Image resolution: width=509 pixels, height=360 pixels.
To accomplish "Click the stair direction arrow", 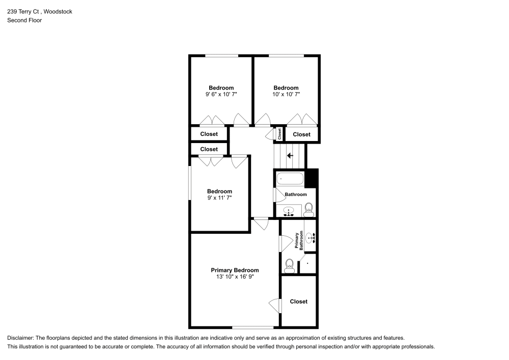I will pos(290,155).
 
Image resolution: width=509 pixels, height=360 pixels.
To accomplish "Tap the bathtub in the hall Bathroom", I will pos(290,179).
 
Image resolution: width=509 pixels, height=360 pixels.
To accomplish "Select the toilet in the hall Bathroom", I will pos(308,209).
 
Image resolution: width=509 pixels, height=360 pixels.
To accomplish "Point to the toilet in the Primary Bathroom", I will pos(289,265).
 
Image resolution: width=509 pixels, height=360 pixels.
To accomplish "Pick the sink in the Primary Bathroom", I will pos(310,237).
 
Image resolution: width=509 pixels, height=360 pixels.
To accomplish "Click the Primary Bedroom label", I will pos(235,270).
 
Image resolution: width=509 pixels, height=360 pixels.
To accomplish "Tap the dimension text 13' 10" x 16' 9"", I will pos(235,277).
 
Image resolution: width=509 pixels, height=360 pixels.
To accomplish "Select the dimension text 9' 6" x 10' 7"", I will pos(221,94).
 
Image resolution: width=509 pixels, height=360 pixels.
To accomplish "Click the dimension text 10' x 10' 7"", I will pos(286,94).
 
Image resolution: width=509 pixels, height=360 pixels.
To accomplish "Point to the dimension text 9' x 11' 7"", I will pos(219,198).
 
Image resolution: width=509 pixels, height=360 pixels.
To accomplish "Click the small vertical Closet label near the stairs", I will pos(280,134).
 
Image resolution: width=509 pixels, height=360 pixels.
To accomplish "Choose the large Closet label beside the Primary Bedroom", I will pos(299,301).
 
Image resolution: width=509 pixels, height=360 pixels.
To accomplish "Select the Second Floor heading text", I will pos(24,20).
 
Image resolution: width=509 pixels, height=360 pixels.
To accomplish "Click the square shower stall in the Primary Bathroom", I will pos(308,263).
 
